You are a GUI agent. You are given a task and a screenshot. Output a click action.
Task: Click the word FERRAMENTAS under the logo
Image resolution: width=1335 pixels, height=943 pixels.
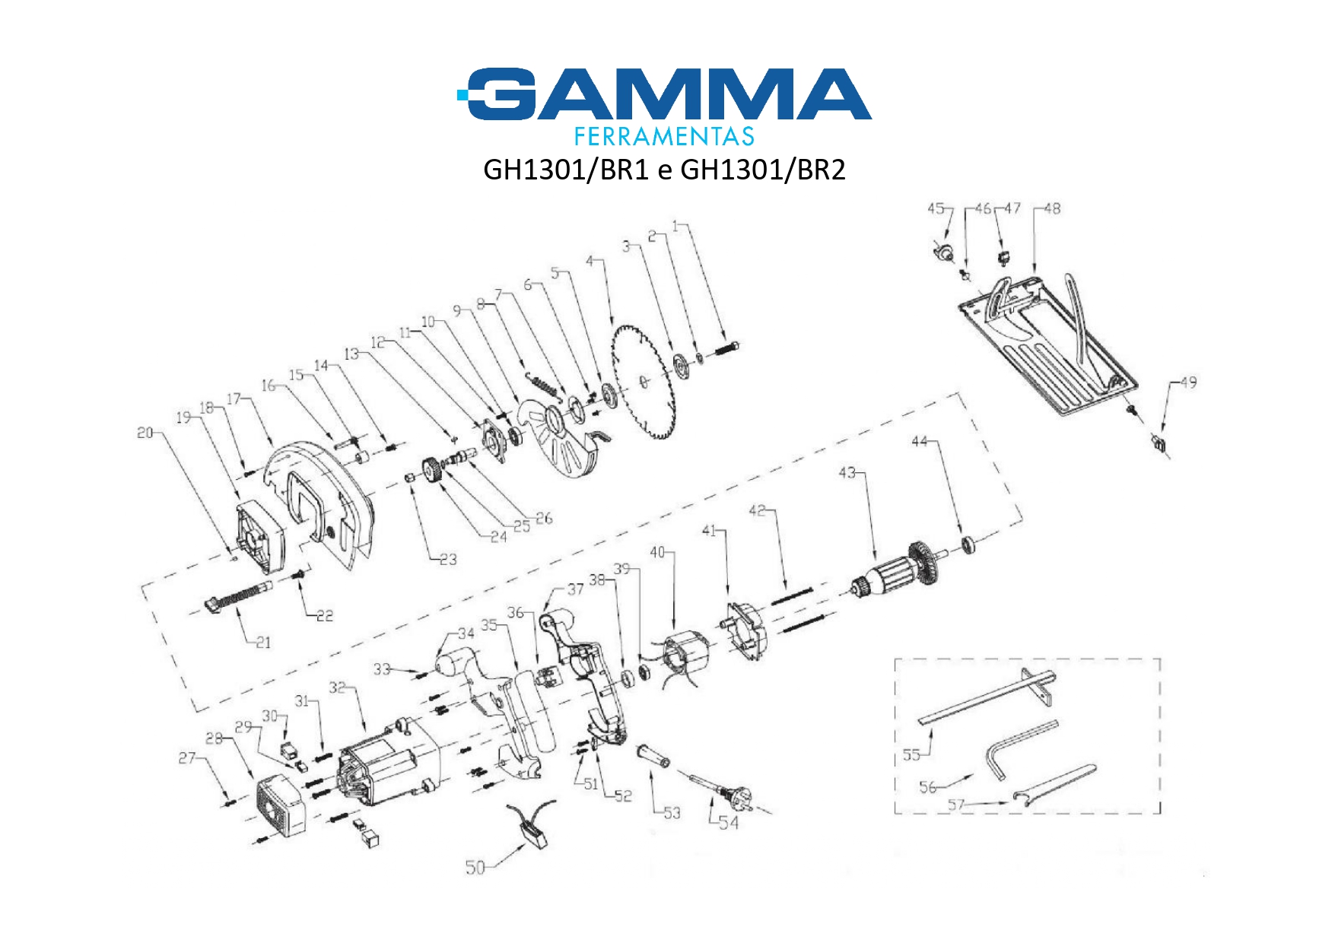tap(663, 137)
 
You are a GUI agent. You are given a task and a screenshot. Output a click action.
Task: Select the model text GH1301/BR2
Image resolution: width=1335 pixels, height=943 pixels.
tap(762, 170)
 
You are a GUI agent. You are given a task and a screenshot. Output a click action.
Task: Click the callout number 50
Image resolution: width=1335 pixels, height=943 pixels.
tap(475, 868)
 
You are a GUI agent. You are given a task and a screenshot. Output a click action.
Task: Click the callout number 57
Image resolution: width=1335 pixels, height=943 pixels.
tap(956, 805)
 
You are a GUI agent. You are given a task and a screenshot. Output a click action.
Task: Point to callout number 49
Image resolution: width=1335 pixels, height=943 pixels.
tap(1188, 383)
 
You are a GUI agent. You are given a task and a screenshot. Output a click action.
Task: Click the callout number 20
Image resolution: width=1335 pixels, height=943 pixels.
tap(145, 433)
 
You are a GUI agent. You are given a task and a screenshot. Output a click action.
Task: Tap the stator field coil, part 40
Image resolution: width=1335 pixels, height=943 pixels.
tap(685, 662)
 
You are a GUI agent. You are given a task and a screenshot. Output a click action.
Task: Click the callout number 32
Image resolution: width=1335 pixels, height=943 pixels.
tap(337, 687)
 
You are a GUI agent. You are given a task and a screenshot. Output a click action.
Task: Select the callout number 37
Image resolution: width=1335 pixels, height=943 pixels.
tap(575, 589)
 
